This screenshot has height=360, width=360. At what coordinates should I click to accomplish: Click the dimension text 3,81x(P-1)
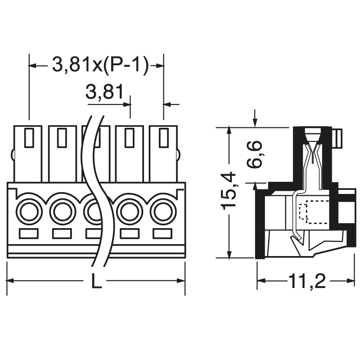[100, 66]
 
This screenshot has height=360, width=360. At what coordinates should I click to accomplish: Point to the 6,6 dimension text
[256, 154]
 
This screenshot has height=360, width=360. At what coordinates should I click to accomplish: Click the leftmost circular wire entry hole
[29, 211]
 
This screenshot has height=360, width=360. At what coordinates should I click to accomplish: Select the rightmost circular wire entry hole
[163, 211]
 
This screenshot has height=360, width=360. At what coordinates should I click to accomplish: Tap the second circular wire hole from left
[62, 211]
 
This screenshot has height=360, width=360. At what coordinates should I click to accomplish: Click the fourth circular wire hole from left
[130, 211]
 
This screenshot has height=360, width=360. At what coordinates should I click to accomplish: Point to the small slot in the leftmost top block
[29, 138]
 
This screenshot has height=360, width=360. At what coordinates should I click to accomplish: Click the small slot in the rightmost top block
[163, 138]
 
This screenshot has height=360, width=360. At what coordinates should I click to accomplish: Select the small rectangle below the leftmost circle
[29, 234]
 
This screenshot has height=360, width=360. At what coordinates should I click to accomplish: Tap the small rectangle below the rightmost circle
[163, 234]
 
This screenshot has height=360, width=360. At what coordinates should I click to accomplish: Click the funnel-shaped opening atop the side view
[313, 135]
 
